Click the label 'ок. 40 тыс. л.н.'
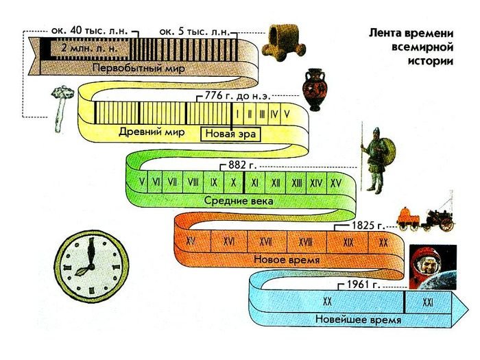click(90, 32)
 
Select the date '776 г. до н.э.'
click(239, 95)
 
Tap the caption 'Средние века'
click(239, 201)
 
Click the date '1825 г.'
click(363, 224)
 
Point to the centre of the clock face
click(89, 261)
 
